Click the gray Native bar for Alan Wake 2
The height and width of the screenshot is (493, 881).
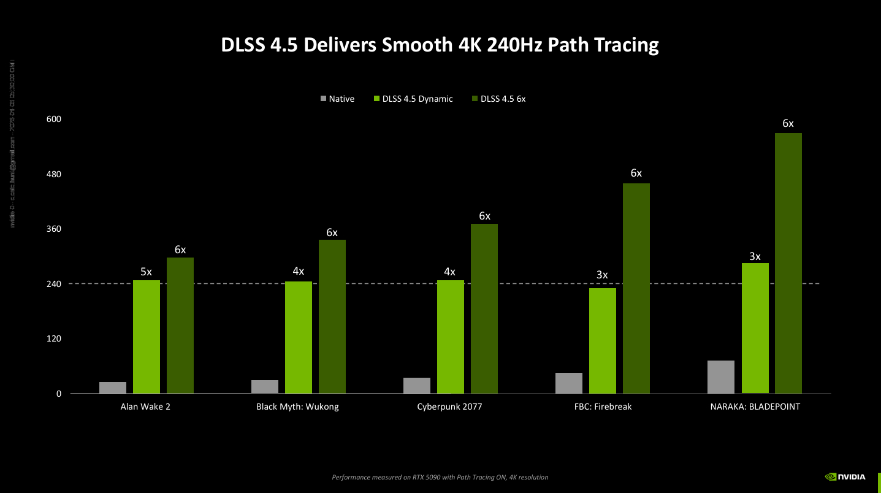click(113, 388)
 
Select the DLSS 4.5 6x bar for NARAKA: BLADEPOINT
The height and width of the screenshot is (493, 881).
click(788, 264)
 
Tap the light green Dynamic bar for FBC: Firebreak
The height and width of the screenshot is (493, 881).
click(603, 340)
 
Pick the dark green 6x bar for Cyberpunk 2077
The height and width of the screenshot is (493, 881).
click(484, 308)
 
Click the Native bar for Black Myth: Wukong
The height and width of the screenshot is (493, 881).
click(265, 386)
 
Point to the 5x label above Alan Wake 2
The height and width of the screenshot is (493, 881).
click(146, 272)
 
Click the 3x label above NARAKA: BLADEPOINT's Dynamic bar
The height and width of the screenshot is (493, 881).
click(755, 256)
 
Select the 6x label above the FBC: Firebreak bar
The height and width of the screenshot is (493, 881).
click(636, 174)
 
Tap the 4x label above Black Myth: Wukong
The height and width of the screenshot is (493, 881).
click(298, 272)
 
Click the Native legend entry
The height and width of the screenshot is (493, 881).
click(337, 99)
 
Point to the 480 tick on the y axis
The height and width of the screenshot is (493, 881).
click(54, 174)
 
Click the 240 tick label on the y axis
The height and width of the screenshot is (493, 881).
click(54, 284)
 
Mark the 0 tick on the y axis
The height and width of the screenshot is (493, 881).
click(59, 394)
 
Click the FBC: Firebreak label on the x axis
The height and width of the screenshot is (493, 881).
click(602, 407)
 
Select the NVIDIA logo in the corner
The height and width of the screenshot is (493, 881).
click(845, 476)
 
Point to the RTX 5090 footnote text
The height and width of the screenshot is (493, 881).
click(440, 477)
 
